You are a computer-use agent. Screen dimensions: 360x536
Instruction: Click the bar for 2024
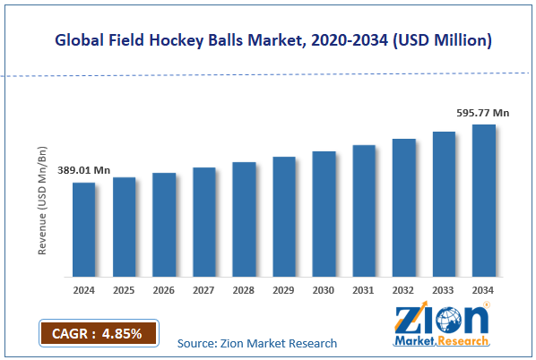[84, 229]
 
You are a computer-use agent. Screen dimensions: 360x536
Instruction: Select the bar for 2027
[203, 222]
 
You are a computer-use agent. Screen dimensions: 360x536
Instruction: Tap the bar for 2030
[324, 214]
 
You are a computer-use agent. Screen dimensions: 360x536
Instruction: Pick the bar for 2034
[484, 201]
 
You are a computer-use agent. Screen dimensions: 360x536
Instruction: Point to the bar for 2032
[403, 208]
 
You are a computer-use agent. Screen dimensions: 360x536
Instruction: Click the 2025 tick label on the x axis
[124, 290]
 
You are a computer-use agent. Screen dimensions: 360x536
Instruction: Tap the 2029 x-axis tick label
[283, 290]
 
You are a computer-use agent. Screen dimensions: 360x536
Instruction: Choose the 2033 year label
[444, 290]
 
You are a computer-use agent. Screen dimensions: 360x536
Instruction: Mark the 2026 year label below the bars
[164, 290]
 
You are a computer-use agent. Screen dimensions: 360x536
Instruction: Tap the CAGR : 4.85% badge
[97, 333]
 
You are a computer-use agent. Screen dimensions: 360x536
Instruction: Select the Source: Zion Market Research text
[256, 343]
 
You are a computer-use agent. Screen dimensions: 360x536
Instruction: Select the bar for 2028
[244, 219]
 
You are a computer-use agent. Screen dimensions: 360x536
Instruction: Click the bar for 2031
[363, 210]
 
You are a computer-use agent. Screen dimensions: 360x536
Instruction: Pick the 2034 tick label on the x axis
[484, 290]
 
